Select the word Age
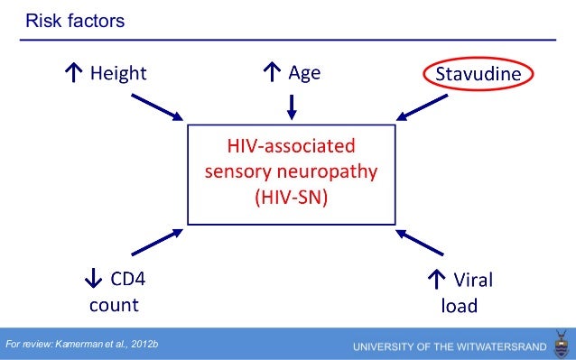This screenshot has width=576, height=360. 304,73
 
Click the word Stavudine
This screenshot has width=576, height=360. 478,73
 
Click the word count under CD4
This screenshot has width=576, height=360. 113,304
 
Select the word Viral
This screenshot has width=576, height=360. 472,280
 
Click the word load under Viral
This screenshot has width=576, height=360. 459,304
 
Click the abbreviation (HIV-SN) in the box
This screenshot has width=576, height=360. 291,195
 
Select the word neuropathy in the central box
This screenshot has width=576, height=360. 327,171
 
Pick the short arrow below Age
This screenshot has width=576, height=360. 291,105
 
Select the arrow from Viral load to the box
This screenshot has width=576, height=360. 426,243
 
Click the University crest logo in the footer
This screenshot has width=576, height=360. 561,346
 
